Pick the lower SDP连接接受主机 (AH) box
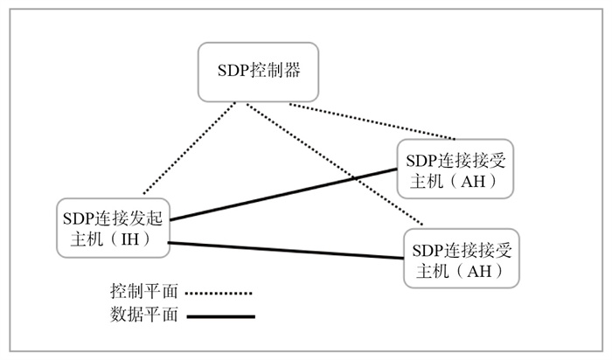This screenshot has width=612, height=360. coord(461,258)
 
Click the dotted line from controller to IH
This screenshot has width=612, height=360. coord(188,149)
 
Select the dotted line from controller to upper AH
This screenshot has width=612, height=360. coord(372,122)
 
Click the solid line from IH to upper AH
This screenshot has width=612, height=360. coord(280,193)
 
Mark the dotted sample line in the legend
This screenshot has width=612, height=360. coord(219,293)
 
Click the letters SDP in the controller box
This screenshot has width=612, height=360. coord(232,71)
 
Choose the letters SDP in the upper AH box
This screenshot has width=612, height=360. coord(421,159)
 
